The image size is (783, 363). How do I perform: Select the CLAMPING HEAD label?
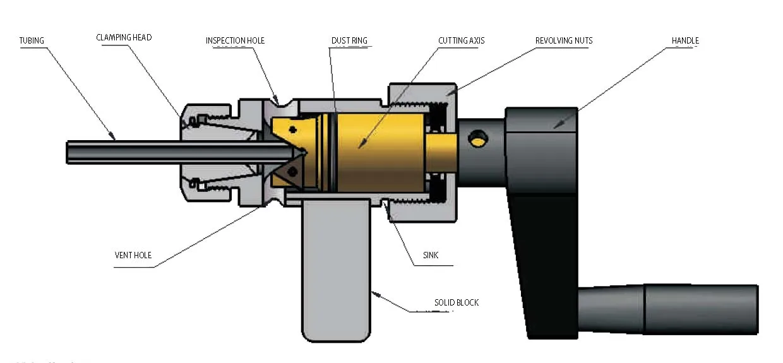tap(124, 38)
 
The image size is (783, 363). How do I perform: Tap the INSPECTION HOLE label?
tap(235, 41)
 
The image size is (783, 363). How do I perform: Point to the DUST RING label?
tap(349, 41)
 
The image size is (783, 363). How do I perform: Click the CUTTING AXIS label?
tap(462, 41)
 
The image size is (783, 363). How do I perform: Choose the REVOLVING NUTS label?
tap(564, 41)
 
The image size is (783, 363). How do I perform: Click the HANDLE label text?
tap(685, 41)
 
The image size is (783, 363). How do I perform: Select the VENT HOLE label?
tap(133, 256)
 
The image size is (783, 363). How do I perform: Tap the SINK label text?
tap(431, 256)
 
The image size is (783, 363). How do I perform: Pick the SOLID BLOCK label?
tap(456, 302)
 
